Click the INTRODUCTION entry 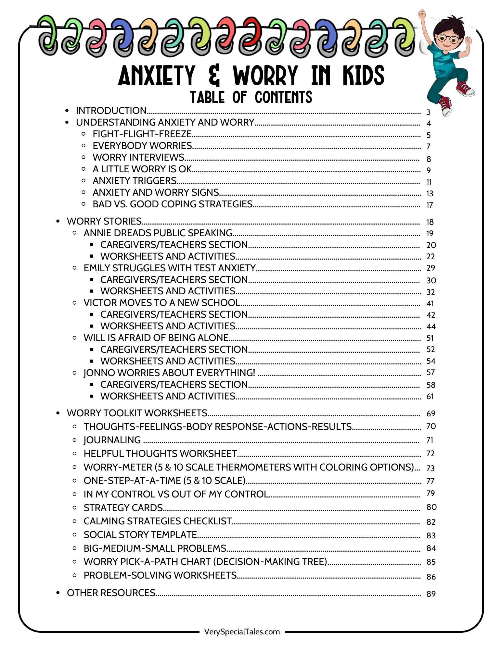click(111, 111)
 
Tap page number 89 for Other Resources click(431, 594)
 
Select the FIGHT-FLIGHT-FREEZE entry click(142, 134)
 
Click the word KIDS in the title click(363, 76)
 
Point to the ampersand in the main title click(214, 76)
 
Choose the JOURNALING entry click(112, 440)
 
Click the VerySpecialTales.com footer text click(242, 631)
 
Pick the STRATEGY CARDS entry click(123, 508)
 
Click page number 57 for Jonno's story click(431, 373)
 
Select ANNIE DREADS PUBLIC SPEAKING click(158, 233)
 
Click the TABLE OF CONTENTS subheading click(251, 97)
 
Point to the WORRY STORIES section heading click(104, 221)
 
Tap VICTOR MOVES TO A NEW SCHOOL click(162, 303)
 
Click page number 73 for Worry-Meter click(431, 468)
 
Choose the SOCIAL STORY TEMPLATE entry click(140, 534)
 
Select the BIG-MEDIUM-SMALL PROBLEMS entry click(155, 548)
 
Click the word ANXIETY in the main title click(157, 76)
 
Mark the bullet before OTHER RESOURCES click(58, 593)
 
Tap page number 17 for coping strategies click(430, 205)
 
